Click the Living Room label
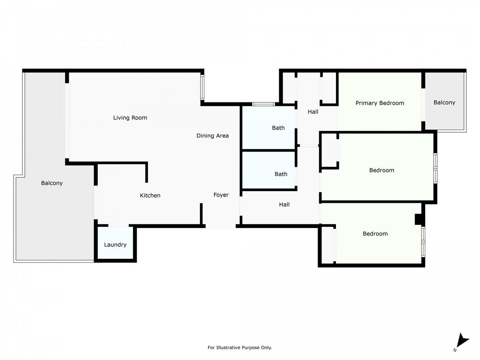pos(130,118)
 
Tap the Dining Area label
pos(212,136)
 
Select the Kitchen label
pos(150,196)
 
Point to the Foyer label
pos(221,195)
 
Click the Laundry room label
pos(115,245)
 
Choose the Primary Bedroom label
pos(380,103)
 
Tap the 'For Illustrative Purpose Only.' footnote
pos(240,348)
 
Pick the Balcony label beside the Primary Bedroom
pos(444,102)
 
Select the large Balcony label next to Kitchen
pos(52,183)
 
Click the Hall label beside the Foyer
pos(284,204)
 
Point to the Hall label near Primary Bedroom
pos(313,112)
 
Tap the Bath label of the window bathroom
pos(278,128)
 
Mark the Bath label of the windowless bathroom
pos(281,174)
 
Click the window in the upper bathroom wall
pos(263,104)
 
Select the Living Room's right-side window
pos(202,88)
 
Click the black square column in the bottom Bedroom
pos(418,219)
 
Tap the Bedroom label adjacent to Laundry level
pos(375,234)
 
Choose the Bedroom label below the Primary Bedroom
pos(382,170)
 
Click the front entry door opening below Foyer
pos(220,226)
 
